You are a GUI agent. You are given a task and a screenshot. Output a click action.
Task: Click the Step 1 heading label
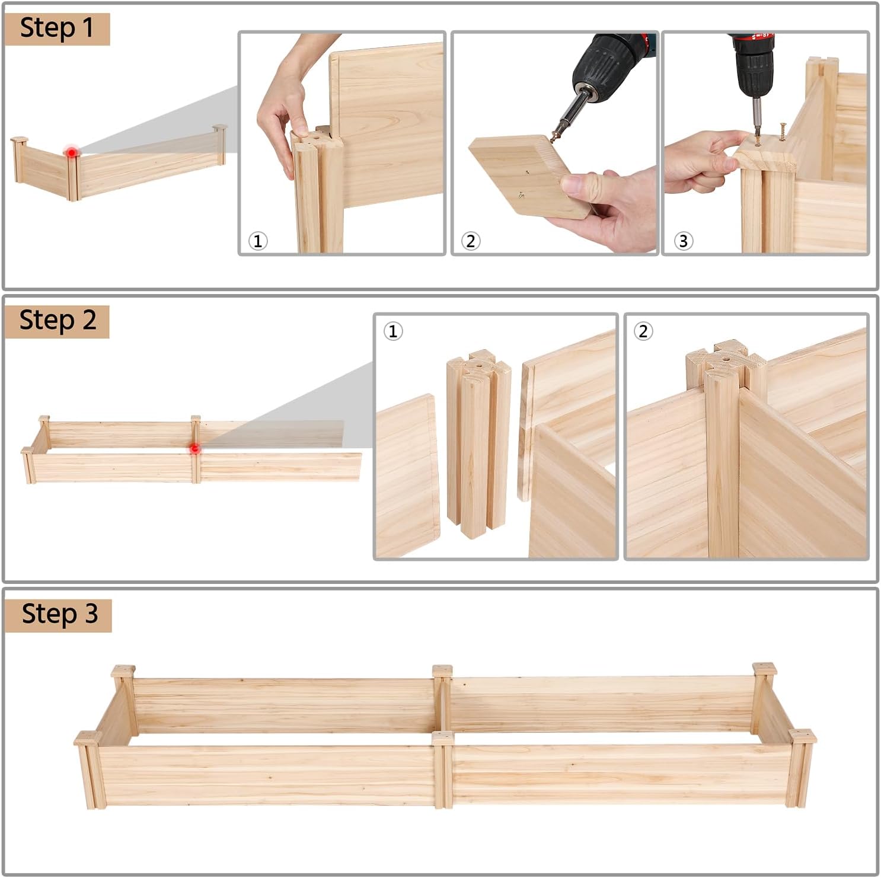coord(57,28)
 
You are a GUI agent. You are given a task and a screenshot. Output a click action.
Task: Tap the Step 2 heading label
coord(57,321)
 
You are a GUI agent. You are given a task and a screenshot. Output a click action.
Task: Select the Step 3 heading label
coord(58,615)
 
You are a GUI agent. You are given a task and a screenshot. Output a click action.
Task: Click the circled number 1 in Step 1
coord(258,241)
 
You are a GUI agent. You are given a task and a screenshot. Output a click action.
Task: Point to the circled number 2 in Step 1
coord(471,241)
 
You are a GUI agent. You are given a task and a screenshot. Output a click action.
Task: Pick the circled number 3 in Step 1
coord(684,241)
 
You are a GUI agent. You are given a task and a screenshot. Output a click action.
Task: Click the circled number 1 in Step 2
coord(393,331)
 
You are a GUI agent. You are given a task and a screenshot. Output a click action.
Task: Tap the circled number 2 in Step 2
coord(643,331)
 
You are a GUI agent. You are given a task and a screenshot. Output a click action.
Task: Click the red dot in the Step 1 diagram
coord(72,152)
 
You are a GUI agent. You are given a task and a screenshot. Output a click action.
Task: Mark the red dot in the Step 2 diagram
coord(194,449)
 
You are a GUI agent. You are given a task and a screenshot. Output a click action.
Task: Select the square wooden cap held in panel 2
coord(530,175)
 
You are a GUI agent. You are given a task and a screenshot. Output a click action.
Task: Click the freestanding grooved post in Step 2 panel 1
coord(478,443)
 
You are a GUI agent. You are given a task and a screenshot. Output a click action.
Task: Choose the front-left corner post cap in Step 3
coord(88,738)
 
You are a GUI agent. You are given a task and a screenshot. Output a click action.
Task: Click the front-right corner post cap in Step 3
coord(803,736)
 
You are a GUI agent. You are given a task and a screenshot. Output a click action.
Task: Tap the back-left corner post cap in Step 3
coord(123,671)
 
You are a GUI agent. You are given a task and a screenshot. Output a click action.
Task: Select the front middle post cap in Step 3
coord(443,737)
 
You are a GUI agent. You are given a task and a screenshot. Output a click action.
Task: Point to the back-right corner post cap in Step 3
coord(765,668)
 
